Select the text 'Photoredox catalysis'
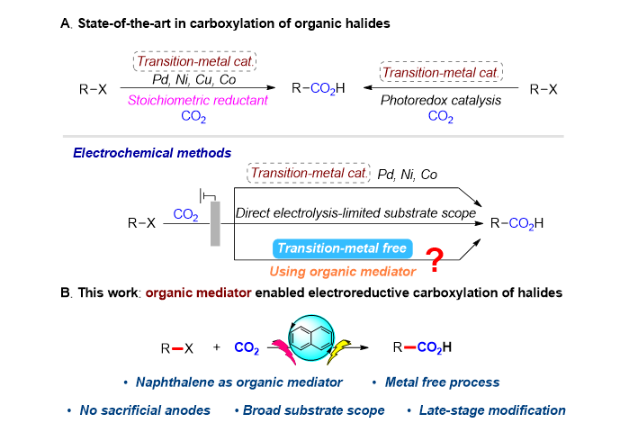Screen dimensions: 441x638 point(442,102)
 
